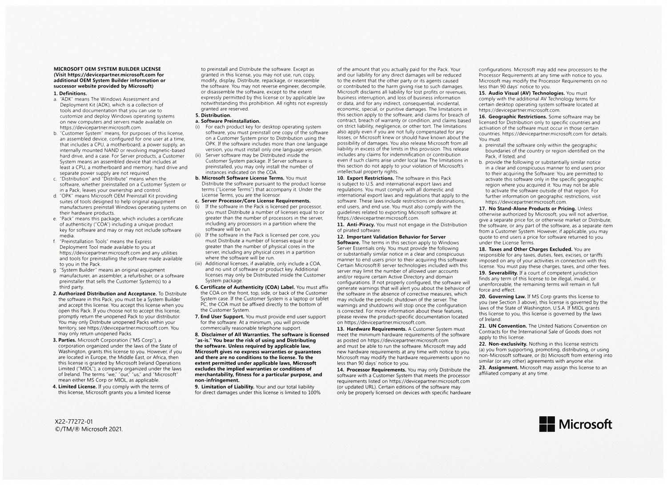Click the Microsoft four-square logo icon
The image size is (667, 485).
546,424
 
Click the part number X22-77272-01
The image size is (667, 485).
74,421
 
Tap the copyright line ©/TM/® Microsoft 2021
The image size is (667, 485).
88,429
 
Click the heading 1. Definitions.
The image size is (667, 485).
70,93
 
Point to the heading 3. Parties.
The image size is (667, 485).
67,340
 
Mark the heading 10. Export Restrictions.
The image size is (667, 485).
365,178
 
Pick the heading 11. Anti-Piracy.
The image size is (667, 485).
356,224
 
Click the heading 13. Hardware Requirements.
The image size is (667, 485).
372,329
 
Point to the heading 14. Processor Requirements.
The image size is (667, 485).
372,370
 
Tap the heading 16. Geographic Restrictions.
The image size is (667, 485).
513,116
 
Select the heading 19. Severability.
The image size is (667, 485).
498,273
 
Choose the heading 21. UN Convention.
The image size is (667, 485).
502,326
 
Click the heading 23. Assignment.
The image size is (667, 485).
498,368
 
